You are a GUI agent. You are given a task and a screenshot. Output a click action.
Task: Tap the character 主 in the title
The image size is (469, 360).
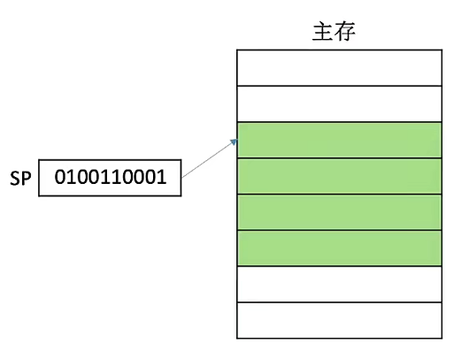322,31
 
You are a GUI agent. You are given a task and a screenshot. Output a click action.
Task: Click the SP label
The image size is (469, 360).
20,179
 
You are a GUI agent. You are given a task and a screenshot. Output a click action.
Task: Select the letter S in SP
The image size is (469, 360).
15,179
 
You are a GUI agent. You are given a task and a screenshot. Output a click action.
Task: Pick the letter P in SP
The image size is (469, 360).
26,179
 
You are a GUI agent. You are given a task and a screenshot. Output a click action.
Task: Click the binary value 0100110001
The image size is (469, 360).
110,178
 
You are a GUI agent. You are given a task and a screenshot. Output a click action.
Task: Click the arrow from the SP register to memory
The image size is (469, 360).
209,158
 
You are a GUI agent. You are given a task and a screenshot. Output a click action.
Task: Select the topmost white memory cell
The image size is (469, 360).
339,67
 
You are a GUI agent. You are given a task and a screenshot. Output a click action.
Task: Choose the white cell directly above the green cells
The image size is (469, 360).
339,103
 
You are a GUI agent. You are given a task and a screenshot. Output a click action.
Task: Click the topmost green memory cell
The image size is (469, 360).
339,140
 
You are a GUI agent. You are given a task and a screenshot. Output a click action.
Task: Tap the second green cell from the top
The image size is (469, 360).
339,176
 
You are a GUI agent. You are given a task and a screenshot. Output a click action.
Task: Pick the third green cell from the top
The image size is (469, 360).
339,212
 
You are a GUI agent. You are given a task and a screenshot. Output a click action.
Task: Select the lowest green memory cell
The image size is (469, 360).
339,249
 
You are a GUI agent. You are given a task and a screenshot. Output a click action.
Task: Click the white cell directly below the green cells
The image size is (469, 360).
339,285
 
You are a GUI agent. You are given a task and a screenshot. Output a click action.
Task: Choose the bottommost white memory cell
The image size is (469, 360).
339,320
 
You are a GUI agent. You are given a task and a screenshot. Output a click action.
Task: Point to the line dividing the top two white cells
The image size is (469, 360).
339,86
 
